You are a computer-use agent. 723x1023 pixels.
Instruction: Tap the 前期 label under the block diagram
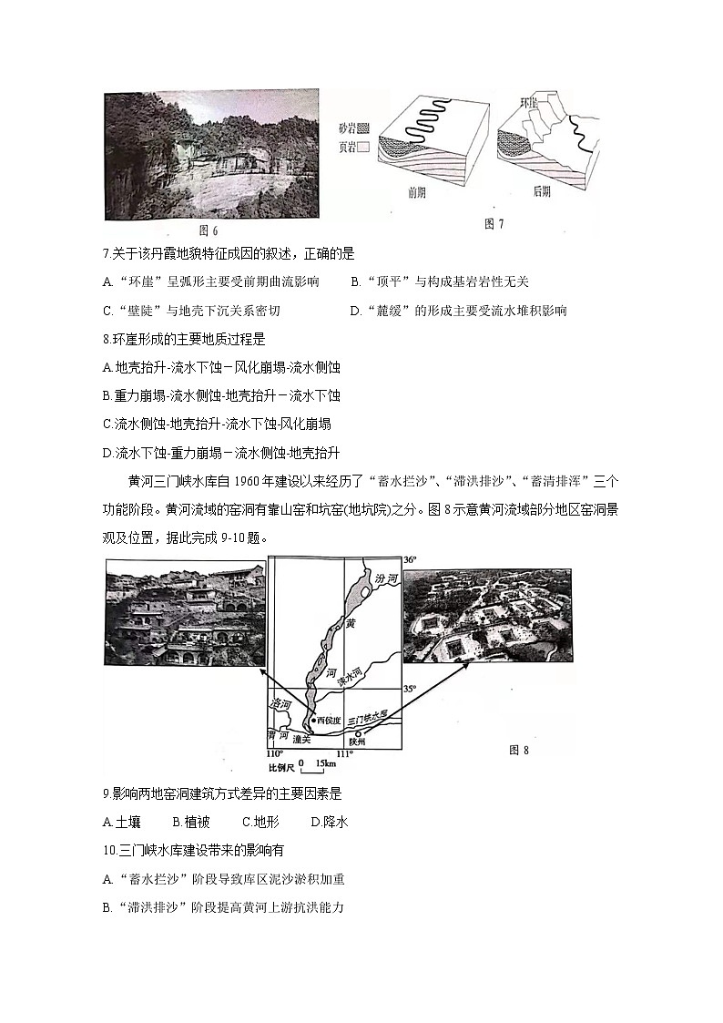pyautogui.click(x=418, y=194)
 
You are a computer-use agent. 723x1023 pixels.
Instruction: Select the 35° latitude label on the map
pyautogui.click(x=409, y=690)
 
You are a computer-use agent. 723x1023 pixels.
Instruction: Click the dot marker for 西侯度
pyautogui.click(x=314, y=720)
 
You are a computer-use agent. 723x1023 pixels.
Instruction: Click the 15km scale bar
pyautogui.click(x=305, y=763)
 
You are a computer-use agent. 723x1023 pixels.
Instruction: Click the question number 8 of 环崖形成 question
pyautogui.click(x=107, y=339)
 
